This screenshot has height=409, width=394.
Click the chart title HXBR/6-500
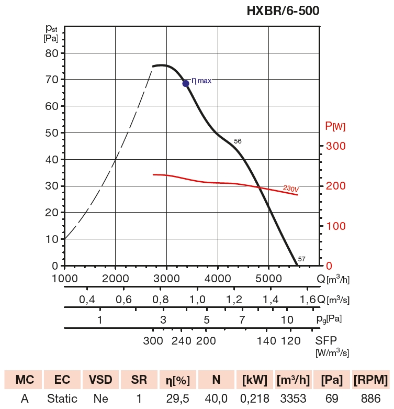coord(283,10)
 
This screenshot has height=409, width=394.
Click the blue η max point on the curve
coord(186,83)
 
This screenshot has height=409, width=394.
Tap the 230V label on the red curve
coord(290,188)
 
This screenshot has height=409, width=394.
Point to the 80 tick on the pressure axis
coord(51,53)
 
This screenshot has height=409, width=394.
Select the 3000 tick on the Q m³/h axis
coord(166,278)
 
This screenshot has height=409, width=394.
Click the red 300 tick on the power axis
coord(335,146)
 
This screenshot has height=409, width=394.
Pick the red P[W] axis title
coord(335,126)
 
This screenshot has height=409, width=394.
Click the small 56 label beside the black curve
coord(238,141)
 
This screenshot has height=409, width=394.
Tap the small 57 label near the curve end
coord(301,259)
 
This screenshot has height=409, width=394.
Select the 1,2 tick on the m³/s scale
coord(234,300)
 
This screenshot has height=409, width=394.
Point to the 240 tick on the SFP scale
coord(182,341)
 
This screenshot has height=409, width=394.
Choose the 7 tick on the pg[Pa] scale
coord(242,319)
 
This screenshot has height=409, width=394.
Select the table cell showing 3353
coord(293,399)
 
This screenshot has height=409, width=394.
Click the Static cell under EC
coord(62,399)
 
